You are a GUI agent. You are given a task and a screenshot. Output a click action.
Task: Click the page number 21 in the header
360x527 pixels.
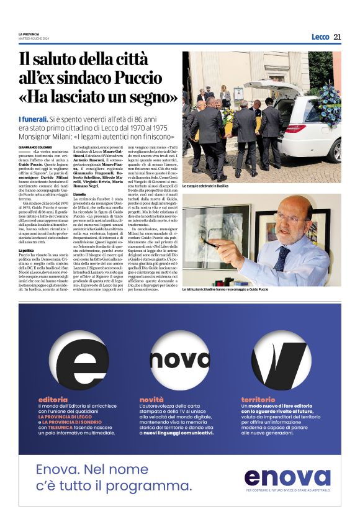(337, 37)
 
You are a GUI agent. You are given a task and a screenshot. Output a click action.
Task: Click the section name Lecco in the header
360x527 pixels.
(320, 37)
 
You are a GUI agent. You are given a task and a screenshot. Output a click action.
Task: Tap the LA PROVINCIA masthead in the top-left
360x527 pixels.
(29, 34)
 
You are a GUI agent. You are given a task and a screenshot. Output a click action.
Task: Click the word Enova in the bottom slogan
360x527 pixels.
(61, 470)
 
